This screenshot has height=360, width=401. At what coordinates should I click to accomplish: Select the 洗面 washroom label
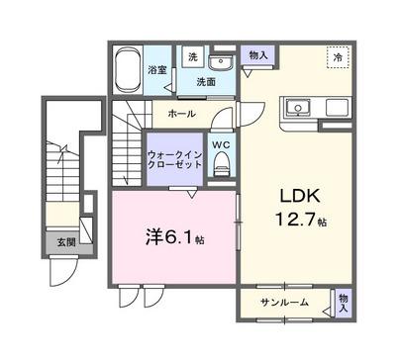(206, 82)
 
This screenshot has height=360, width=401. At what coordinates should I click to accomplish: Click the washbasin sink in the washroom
(220, 63)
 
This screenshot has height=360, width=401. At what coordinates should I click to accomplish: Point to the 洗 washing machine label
(193, 56)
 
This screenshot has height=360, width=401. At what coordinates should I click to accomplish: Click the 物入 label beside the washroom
(257, 56)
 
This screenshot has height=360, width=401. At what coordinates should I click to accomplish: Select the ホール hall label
(180, 115)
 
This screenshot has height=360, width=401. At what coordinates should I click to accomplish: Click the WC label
(221, 146)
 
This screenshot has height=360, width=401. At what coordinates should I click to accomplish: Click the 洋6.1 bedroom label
(169, 238)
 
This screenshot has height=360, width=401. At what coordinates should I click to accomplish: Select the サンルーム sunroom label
(284, 302)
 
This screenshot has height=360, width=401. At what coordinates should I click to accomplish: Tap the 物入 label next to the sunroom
(343, 302)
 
